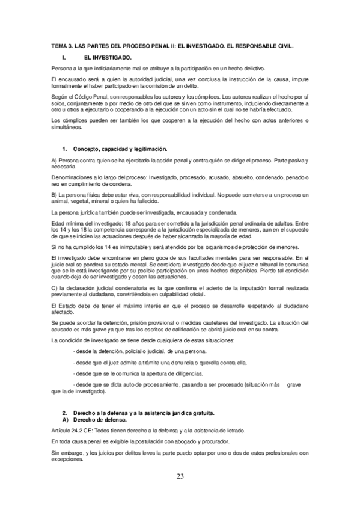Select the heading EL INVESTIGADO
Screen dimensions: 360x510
(108, 57)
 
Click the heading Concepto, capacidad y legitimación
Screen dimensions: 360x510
(120, 148)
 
